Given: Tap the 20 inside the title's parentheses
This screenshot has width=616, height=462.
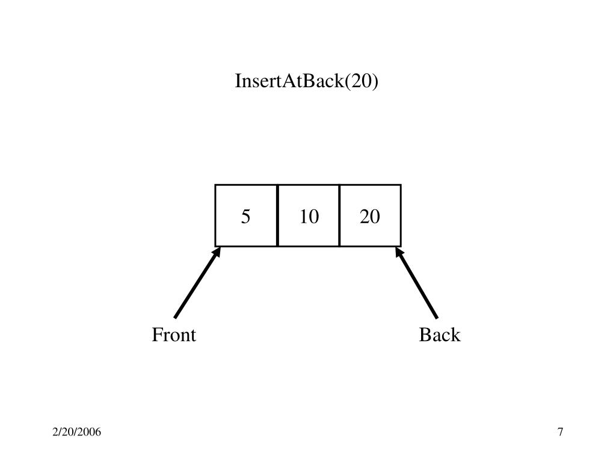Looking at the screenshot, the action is pos(360,81).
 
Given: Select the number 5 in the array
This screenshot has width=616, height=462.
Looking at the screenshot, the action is pos(245,217).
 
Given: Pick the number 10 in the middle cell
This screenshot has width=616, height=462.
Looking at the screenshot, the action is pos(309,217).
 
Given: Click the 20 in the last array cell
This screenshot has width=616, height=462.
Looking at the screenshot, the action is pos(370,217).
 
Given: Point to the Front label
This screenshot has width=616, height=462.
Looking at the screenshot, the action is pos(174,335).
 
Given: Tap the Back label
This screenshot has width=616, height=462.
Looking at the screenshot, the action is pos(440,335).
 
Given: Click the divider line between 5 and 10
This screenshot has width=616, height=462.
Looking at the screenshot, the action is pos(277,215).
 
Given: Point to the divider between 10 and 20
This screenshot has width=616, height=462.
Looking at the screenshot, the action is pos(339,215).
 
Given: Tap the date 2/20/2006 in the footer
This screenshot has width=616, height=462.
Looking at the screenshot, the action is pos(76,433).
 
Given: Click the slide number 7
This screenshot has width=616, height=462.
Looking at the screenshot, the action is pos(561,433).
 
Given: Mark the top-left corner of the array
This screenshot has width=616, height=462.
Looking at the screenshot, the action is pos(216,185).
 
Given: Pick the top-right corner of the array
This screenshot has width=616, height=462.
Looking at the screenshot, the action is pos(401,185).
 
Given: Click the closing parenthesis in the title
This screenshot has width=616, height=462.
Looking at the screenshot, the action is pos(375,81).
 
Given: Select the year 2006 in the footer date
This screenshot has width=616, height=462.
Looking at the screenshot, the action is pos(90,433).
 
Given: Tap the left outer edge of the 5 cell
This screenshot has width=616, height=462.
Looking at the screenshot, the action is pos(216,215).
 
